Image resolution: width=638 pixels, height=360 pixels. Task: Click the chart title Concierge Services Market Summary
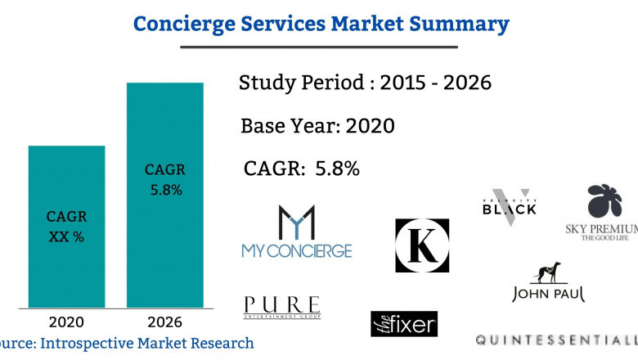(x=320, y=23)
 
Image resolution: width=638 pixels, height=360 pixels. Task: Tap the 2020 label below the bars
(x=66, y=322)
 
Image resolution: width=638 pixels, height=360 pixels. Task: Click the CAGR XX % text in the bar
(x=66, y=227)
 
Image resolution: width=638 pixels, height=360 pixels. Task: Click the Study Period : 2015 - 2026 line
(x=365, y=83)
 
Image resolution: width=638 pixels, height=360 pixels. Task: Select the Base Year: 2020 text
(x=317, y=126)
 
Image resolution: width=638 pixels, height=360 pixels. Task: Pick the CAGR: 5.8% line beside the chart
(x=302, y=169)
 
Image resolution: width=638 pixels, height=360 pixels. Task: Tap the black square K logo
(x=422, y=245)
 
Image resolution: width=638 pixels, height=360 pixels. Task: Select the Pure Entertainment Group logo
(x=282, y=308)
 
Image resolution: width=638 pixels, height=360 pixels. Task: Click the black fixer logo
(x=404, y=323)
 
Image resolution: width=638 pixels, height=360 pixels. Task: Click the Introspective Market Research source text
(x=127, y=343)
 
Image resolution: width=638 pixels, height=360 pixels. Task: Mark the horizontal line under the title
(x=319, y=47)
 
